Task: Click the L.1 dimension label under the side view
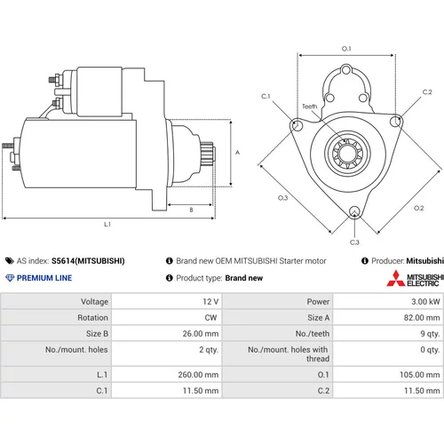pyautogui.click(x=107, y=225)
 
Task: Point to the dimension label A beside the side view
pyautogui.click(x=237, y=153)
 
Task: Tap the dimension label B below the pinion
pyautogui.click(x=191, y=210)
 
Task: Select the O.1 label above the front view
pyautogui.click(x=346, y=49)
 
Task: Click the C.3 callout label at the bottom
pyautogui.click(x=354, y=242)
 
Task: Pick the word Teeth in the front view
pyautogui.click(x=310, y=107)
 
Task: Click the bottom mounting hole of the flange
pyautogui.click(x=354, y=212)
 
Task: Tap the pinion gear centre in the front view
pyautogui.click(x=347, y=153)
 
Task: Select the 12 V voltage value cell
pyautogui.click(x=210, y=302)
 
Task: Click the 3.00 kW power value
pyautogui.click(x=425, y=302)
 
